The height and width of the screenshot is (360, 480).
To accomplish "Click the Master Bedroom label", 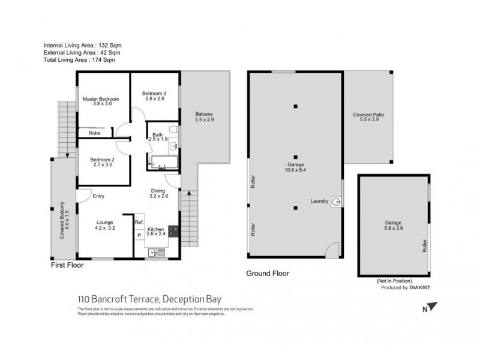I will [x=101, y=99].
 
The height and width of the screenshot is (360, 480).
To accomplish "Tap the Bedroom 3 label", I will [x=154, y=93].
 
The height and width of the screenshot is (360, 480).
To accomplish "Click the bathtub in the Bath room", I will [x=160, y=161].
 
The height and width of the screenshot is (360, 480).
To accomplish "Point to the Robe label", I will [x=94, y=133].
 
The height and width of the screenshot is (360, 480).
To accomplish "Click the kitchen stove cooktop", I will [x=173, y=230].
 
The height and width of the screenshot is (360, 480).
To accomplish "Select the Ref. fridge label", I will [x=139, y=222].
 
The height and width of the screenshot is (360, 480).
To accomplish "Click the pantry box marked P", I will [x=139, y=235].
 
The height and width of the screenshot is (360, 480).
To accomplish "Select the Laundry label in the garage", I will [x=319, y=202].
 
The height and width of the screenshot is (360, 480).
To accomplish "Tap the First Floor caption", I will [x=67, y=265].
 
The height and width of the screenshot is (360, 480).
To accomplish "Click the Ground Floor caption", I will [x=268, y=274].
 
